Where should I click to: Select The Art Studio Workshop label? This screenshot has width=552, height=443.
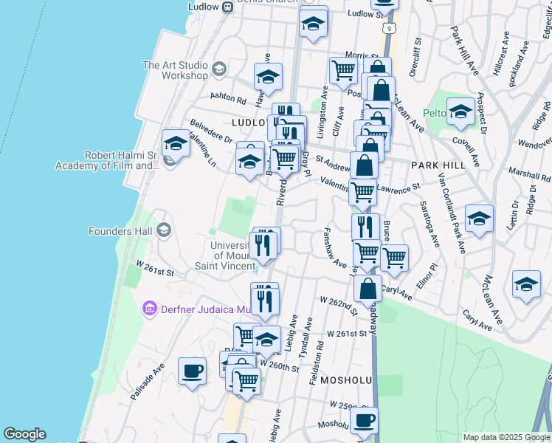[176, 70]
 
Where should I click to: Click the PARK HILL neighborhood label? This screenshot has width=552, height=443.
[438, 165]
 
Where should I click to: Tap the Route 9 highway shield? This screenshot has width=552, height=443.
[388, 28]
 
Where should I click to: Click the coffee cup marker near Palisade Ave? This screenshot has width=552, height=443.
[193, 371]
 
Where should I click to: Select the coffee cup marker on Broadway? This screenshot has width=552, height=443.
[364, 422]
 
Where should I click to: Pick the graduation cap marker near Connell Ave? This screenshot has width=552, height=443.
[461, 111]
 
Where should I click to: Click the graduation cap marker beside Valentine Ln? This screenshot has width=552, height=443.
[176, 144]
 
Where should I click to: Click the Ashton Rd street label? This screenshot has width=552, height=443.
[227, 97]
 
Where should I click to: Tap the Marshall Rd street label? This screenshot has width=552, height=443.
[534, 176]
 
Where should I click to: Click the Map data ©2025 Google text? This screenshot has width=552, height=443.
[507, 437]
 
